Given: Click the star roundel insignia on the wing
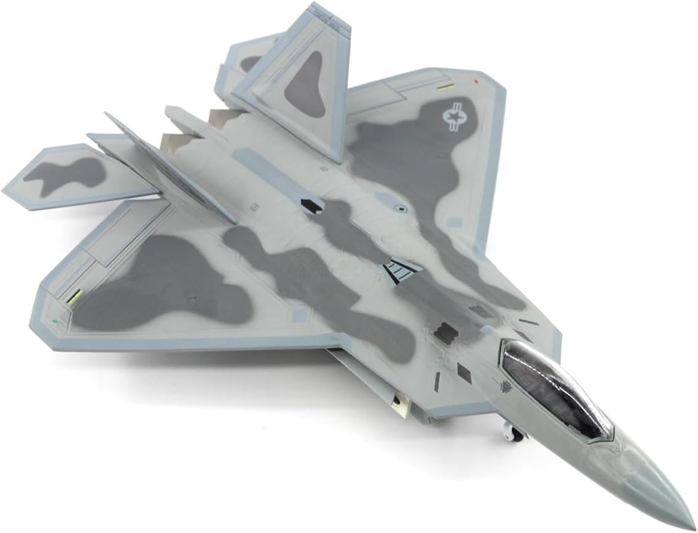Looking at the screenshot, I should click(x=453, y=117).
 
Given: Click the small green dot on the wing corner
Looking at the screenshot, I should click(x=55, y=320).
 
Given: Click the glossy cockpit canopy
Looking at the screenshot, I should click(x=556, y=390).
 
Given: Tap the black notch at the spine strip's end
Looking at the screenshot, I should click(x=312, y=207).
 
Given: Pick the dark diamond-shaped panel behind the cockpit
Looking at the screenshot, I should click(x=464, y=373).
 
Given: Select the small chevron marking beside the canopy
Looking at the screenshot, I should click(x=506, y=386).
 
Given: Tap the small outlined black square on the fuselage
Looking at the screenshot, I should click(x=401, y=209).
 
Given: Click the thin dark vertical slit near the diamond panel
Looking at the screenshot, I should click(x=437, y=381).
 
